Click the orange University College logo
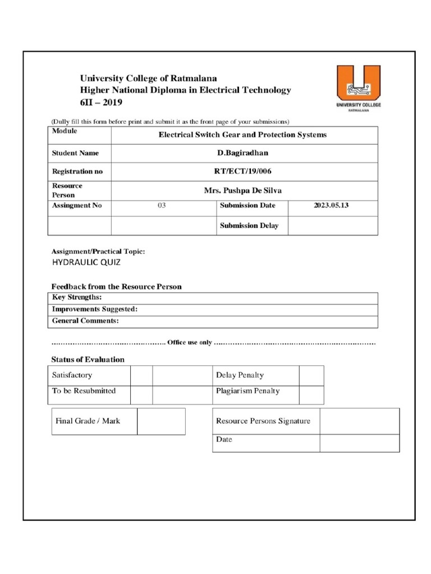(x=358, y=89)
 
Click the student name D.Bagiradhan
(x=243, y=153)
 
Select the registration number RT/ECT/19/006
(x=243, y=172)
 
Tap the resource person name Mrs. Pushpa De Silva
(x=243, y=191)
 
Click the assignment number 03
(x=162, y=206)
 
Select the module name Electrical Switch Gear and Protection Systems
(x=242, y=135)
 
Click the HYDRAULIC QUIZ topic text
(x=86, y=262)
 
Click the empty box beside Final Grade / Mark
(x=161, y=421)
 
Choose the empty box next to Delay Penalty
(x=311, y=376)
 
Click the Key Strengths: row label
(x=77, y=298)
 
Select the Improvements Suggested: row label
(x=95, y=309)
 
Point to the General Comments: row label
(x=85, y=321)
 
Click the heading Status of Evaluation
(x=88, y=359)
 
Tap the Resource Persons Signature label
(x=263, y=421)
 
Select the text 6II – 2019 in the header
(x=100, y=103)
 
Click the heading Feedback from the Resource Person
(x=117, y=286)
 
